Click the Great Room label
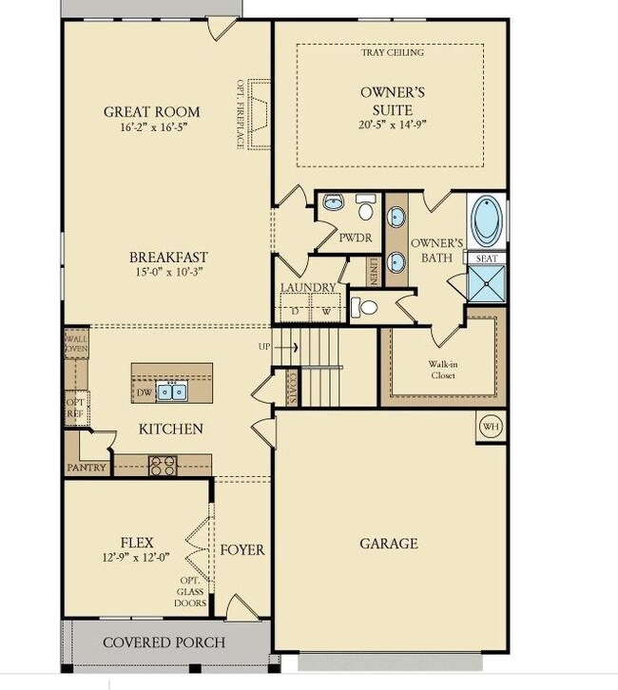(152, 112)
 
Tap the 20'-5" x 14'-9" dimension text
(393, 125)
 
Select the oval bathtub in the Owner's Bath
(487, 220)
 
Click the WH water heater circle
(491, 427)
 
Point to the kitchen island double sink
(172, 392)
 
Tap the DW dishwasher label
(145, 393)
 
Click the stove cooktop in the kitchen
(163, 466)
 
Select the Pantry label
(87, 468)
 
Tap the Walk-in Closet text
(443, 370)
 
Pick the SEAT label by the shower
(487, 259)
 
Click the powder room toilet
(365, 207)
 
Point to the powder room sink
(334, 202)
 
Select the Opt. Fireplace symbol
(260, 114)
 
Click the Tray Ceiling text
(393, 53)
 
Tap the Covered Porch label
(164, 642)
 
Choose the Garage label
(389, 544)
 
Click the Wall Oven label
(77, 344)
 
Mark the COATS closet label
(293, 388)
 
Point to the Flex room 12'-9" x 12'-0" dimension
(136, 558)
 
